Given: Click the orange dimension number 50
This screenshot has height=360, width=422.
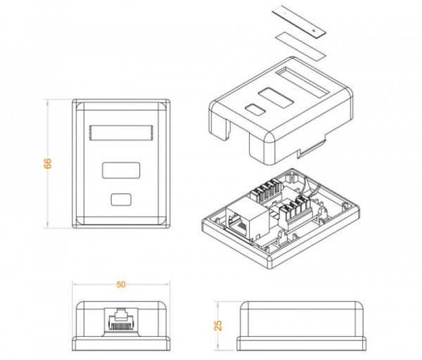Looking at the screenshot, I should tap(121, 285).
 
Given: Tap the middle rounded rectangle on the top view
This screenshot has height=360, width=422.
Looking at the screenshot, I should tap(121, 170).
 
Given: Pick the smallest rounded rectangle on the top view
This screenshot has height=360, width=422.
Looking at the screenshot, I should tap(121, 199).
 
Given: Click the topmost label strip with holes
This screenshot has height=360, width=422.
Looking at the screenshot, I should tap(299, 20).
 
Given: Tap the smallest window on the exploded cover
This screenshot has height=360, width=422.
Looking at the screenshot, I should tap(252, 110).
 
